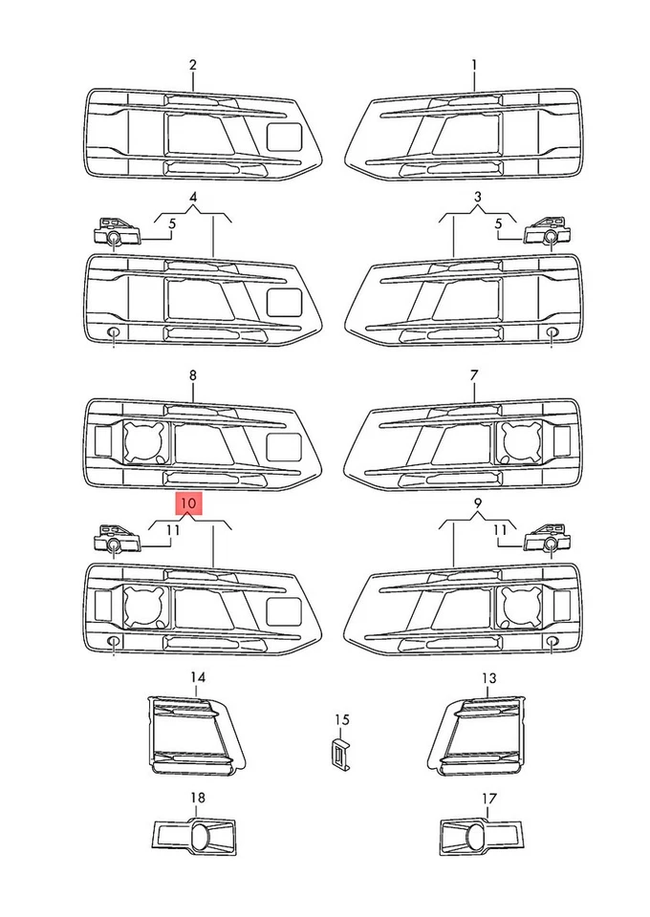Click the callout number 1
coord(474,65)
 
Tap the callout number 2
coord(193,65)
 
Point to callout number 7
coord(474,376)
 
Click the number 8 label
coord(193,376)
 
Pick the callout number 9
coord(478,502)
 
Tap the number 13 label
coord(488,678)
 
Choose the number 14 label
coord(197,678)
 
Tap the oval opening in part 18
coord(201,837)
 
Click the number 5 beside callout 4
coord(173,224)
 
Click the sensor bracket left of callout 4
coord(114,232)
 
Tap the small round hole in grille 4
coord(113,332)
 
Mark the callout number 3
coord(478,198)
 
